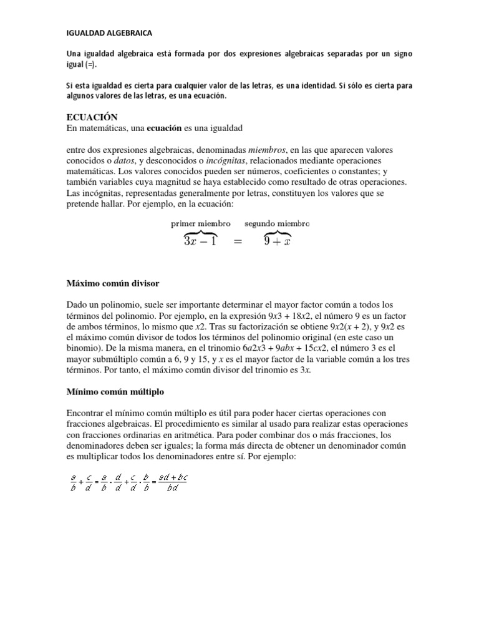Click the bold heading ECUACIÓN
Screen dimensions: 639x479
(x=92, y=117)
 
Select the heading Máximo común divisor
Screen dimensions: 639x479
(x=113, y=283)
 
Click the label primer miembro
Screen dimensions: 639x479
(x=200, y=223)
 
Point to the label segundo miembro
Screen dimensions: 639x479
(x=277, y=223)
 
